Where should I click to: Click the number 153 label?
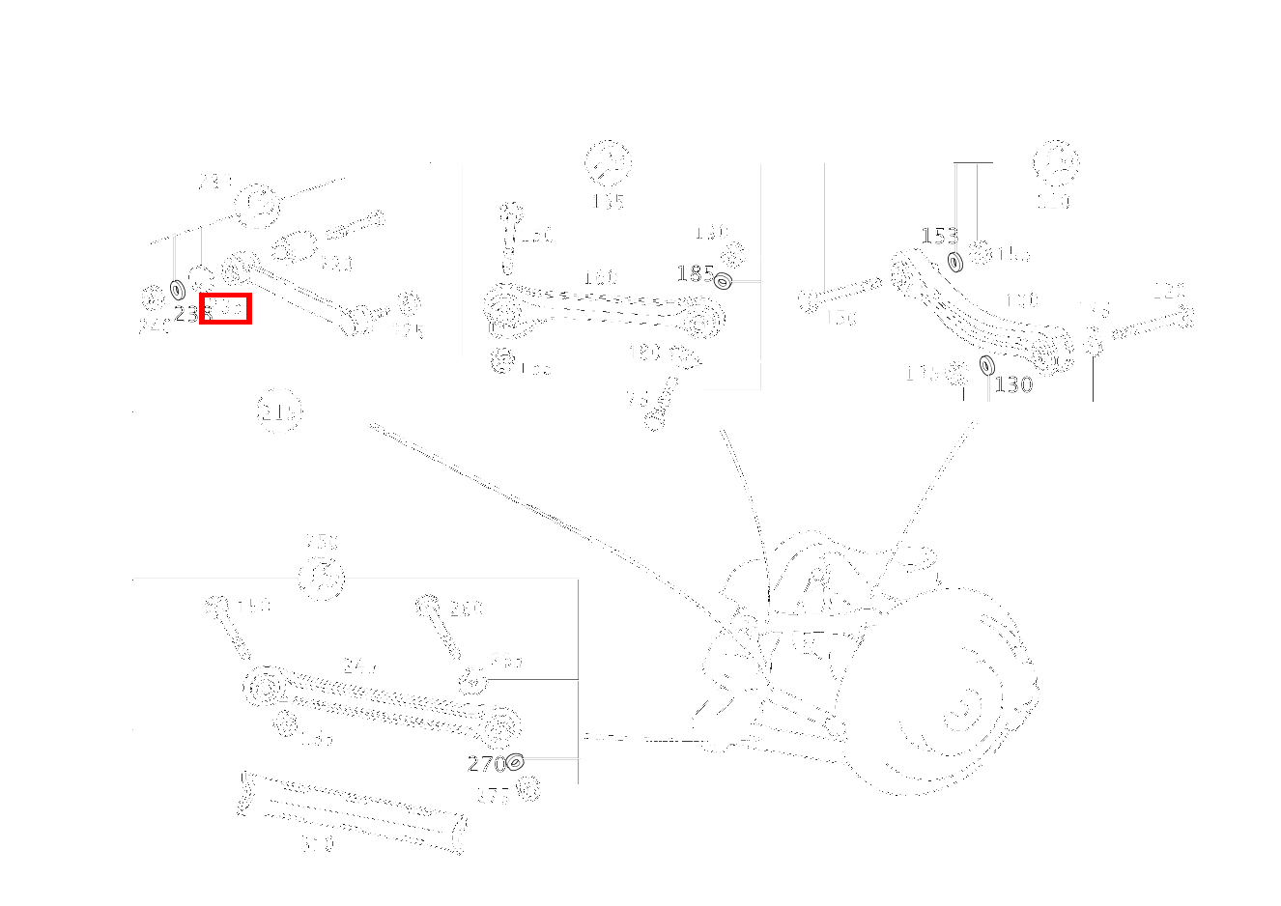(x=938, y=236)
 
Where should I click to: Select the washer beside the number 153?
(x=955, y=261)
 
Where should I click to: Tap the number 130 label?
(x=1013, y=384)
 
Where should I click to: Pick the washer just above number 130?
(x=986, y=365)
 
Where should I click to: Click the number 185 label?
(x=695, y=273)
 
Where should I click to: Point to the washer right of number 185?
(x=723, y=280)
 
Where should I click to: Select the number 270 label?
(x=486, y=764)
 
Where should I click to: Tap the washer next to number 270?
(x=515, y=762)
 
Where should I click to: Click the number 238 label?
(x=189, y=314)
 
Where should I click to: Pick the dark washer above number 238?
(x=178, y=289)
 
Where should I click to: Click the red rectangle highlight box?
(x=225, y=308)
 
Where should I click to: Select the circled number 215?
(x=278, y=412)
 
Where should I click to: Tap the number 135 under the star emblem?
(x=608, y=201)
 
